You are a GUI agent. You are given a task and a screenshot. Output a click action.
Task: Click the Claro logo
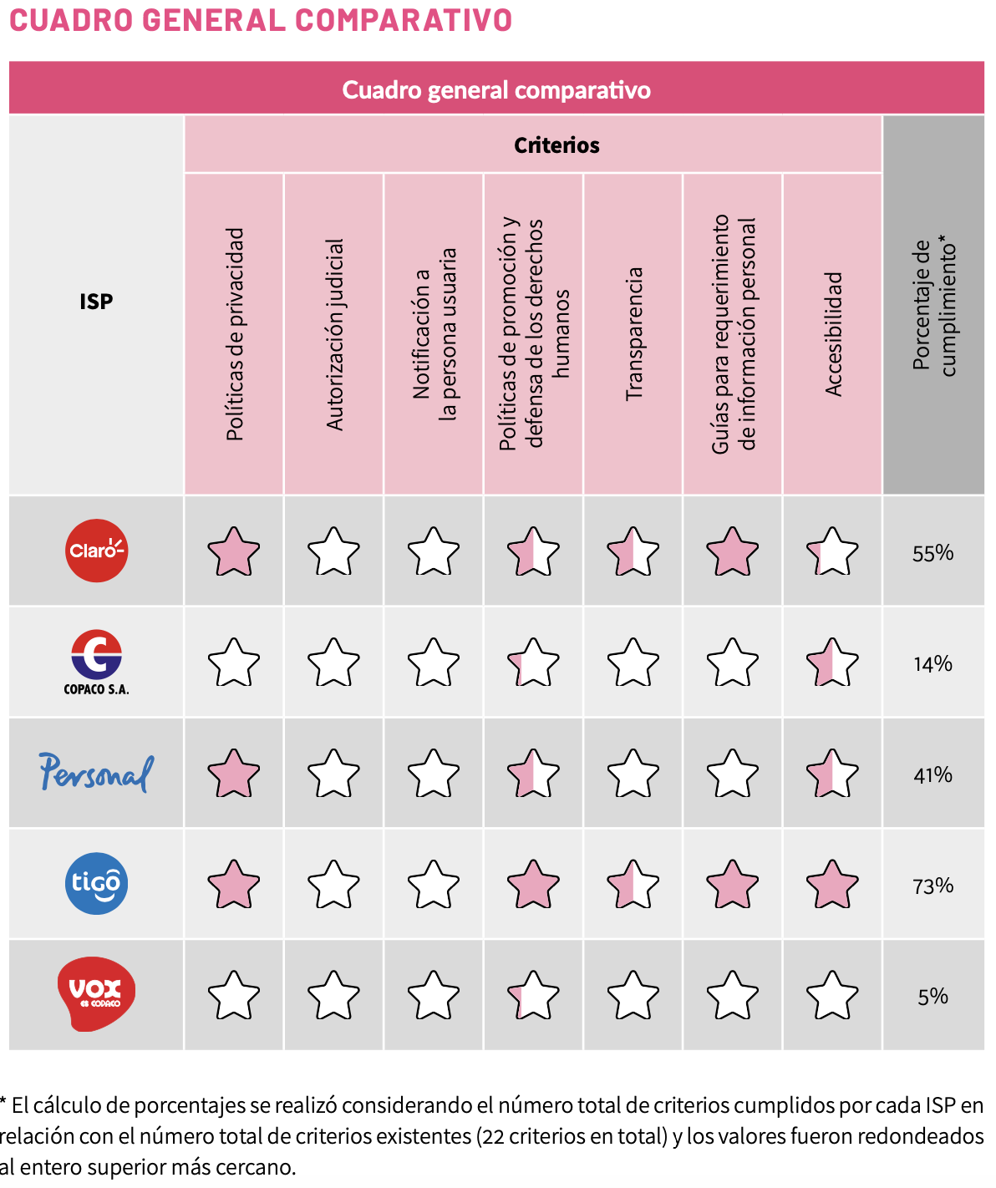coord(97,551)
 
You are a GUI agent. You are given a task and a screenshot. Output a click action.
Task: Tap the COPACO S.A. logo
coord(97,662)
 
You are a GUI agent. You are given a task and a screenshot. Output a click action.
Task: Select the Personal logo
coord(97,773)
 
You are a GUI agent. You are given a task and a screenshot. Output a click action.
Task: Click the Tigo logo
coord(97,883)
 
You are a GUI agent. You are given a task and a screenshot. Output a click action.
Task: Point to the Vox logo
coord(97,993)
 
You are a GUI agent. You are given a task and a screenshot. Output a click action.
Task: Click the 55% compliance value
coord(932,553)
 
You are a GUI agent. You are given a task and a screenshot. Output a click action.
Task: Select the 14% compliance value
coord(932,664)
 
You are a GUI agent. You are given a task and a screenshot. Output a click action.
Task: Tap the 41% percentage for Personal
coord(932,775)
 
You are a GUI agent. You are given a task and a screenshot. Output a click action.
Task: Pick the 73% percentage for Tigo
coord(932,886)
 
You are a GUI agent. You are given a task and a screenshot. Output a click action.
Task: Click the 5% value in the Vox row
coord(932,997)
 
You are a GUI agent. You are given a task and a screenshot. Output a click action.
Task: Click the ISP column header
coord(96,302)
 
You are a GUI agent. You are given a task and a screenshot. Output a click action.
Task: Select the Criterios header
coord(556,145)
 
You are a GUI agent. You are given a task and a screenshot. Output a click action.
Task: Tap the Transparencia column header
coord(634,334)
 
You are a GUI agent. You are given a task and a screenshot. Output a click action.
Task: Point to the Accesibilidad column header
coord(833,334)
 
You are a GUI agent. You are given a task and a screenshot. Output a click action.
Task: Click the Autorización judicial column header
coord(334,334)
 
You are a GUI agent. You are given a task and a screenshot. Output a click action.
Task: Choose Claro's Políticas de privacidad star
coord(234,552)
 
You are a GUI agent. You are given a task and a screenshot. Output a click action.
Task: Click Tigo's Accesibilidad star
coord(832,885)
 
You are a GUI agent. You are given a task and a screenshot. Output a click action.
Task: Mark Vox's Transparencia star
coord(633,996)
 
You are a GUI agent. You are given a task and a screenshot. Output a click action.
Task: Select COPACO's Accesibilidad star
coord(832,663)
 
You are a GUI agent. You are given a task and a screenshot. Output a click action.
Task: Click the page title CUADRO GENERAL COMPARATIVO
coord(261,20)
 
